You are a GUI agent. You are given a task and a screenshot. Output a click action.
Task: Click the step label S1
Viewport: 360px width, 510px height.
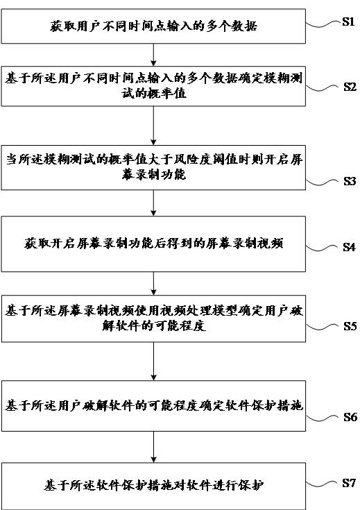[348, 22]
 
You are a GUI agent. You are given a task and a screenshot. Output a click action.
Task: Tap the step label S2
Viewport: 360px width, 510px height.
[350, 87]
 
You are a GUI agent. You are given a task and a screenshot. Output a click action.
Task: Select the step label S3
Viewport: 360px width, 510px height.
[350, 181]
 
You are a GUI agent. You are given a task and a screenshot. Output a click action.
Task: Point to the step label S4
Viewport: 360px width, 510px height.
[349, 247]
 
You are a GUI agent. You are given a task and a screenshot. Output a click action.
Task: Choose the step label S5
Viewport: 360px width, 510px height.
[350, 326]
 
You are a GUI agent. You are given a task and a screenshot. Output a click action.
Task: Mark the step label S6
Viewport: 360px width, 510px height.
[350, 417]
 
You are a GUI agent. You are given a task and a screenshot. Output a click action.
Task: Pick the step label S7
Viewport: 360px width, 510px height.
[349, 484]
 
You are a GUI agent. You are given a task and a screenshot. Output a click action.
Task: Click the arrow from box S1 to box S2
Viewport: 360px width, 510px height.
[153, 55]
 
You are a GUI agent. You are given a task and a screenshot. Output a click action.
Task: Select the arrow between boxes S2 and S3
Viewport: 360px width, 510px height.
[153, 126]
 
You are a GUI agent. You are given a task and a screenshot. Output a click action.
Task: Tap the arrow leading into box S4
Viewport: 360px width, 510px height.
[153, 203]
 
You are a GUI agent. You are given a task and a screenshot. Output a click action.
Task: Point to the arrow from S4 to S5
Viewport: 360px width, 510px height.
[153, 283]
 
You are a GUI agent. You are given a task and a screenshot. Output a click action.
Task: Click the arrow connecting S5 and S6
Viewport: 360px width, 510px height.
[153, 362]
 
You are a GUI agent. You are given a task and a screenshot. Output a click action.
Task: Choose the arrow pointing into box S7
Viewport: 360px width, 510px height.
[153, 447]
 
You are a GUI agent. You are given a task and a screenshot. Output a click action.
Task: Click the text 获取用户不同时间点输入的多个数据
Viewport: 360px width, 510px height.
[153, 26]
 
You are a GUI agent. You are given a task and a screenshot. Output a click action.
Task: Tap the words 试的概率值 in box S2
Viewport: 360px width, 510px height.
[154, 94]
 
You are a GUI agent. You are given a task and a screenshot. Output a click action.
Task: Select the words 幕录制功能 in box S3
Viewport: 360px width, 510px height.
[154, 175]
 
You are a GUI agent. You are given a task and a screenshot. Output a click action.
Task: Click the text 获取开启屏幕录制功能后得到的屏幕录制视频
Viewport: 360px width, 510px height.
[153, 244]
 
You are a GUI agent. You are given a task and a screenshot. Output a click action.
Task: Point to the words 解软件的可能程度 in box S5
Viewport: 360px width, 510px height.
[154, 325]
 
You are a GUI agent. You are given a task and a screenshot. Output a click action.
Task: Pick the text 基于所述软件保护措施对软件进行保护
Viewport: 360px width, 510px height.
[153, 485]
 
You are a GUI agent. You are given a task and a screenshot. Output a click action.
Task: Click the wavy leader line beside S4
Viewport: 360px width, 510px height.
[323, 248]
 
